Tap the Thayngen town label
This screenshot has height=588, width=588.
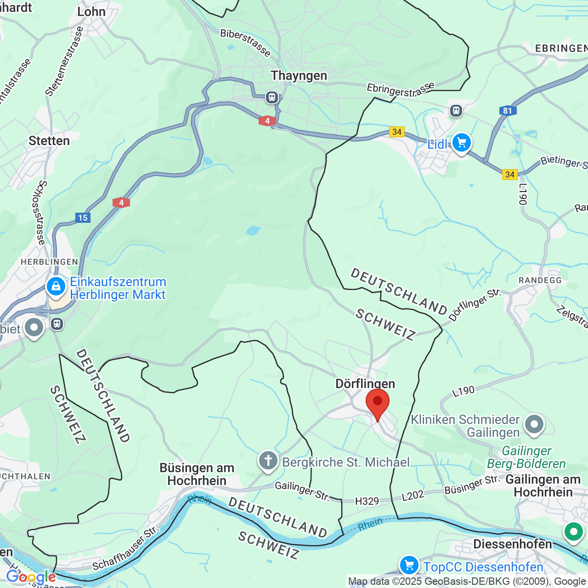(x=299, y=75)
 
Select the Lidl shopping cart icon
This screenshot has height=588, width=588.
(x=461, y=143)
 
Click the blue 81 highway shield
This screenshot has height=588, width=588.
(x=508, y=111)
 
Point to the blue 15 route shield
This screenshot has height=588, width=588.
(x=83, y=218)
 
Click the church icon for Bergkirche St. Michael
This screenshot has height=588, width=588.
(x=268, y=460)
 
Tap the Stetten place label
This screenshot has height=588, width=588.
(x=49, y=141)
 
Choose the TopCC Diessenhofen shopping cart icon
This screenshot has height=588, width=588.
(x=409, y=565)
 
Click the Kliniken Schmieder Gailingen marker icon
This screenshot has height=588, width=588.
(x=534, y=424)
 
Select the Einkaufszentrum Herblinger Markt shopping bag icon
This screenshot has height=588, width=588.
(x=56, y=287)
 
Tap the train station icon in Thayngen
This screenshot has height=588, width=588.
(x=272, y=97)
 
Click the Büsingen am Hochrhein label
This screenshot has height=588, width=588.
(x=197, y=474)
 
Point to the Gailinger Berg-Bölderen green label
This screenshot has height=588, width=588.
(x=526, y=458)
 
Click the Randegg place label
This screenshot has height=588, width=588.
(x=540, y=280)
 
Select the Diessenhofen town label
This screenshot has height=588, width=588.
(x=513, y=544)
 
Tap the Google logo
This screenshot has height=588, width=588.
(x=30, y=577)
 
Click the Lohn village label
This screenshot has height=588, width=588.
(x=91, y=12)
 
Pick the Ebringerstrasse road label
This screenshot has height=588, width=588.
(x=400, y=89)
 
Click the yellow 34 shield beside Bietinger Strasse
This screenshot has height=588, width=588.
(x=510, y=175)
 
